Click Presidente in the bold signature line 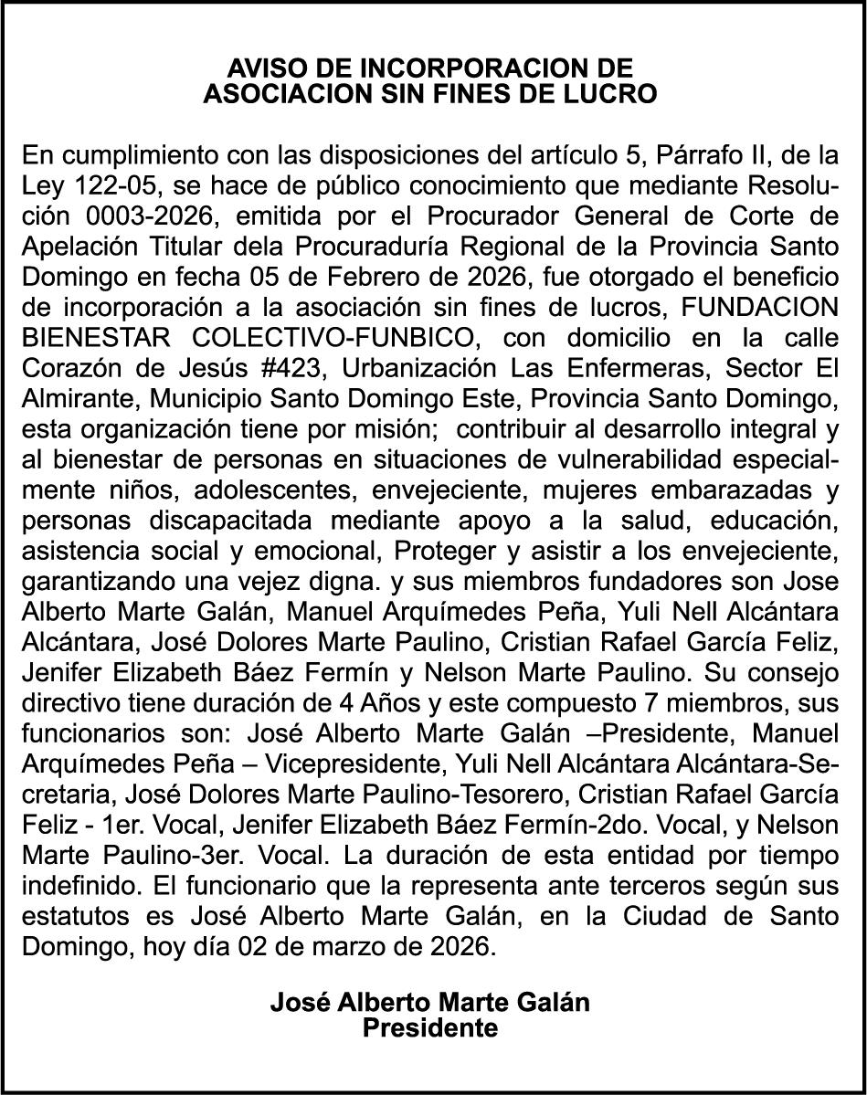click(430, 1028)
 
